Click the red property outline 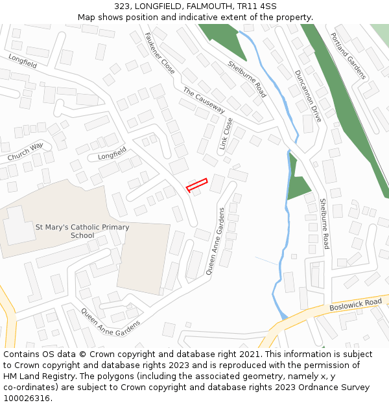(196, 185)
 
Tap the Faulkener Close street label (159, 52)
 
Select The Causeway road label (203, 99)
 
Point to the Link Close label (226, 133)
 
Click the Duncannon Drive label (307, 96)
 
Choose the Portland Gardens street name (348, 56)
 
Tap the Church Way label (25, 152)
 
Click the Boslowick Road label (355, 304)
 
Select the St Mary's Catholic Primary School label (82, 231)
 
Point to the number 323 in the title (124, 6)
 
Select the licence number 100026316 (28, 399)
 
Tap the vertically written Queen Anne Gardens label (215, 241)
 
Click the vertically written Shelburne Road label (324, 224)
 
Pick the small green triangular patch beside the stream (298, 188)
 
